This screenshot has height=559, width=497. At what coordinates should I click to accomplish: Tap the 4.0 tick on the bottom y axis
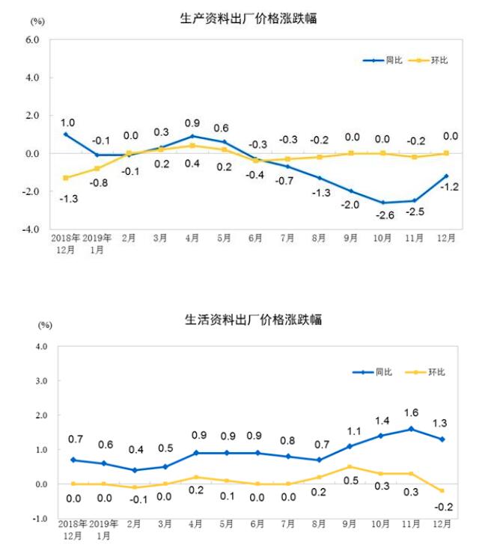pos(40,347)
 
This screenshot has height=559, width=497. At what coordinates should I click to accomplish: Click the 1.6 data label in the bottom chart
pos(412,412)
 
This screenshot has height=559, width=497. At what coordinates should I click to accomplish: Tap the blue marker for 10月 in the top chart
pos(382,203)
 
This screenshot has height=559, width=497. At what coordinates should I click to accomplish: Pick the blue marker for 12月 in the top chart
pos(446,176)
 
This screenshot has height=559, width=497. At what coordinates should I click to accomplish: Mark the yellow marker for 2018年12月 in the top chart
pos(66,178)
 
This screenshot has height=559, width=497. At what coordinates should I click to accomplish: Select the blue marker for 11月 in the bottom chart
pos(412,429)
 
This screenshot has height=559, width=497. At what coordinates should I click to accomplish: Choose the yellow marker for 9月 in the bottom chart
pos(349,467)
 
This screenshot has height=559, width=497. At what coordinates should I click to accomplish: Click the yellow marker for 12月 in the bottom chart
pos(443,491)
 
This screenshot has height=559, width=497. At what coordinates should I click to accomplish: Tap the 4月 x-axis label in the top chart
pos(192,239)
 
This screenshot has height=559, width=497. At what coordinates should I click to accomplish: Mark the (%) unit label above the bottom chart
pos(45,325)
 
